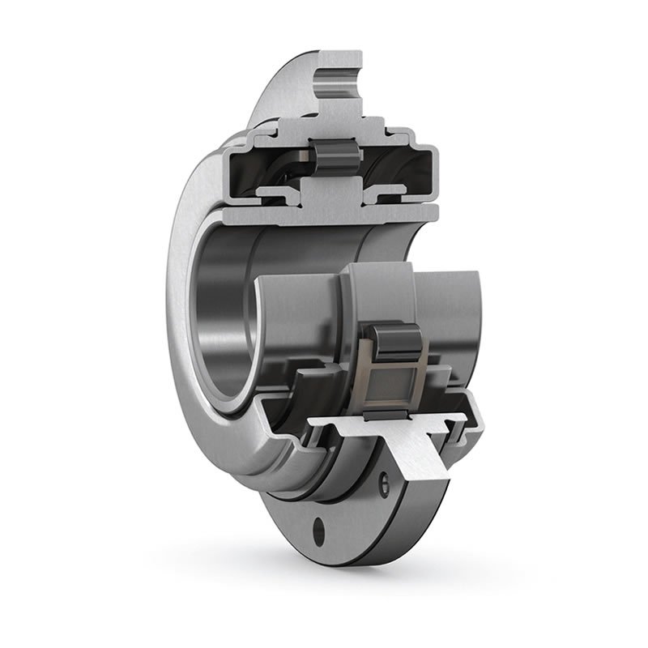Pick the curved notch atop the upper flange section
pos(338,78)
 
